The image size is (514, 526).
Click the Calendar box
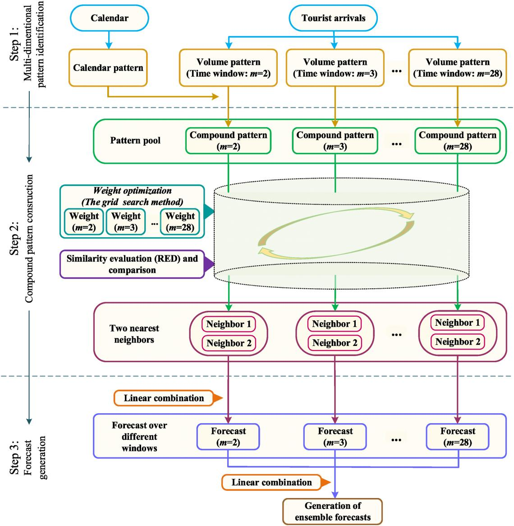109,18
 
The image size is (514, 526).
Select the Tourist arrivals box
333,18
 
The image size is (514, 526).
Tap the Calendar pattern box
108,68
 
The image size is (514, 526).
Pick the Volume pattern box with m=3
335,68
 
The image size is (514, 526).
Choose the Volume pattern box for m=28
458,68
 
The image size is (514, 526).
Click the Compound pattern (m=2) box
228,140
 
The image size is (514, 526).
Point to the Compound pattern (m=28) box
458,140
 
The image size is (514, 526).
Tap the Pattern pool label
135,141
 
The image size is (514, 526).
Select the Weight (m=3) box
126,221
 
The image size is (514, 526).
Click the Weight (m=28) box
180,221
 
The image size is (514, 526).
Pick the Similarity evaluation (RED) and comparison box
132,264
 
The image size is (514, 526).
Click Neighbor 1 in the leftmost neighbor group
229,324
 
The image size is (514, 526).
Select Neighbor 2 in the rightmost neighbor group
458,342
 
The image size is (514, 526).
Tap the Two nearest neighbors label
134,334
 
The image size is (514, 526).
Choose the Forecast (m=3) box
335,436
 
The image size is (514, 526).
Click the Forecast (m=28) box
458,436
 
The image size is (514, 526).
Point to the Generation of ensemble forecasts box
333,511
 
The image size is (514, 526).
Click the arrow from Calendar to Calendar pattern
108,39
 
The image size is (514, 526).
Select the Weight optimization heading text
132,191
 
